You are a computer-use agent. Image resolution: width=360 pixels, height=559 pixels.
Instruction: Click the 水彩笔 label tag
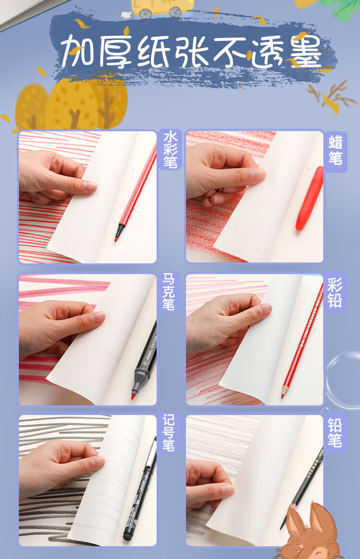pyautogui.click(x=170, y=149)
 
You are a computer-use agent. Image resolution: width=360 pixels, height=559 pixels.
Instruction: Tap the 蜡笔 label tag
pyautogui.click(x=336, y=151)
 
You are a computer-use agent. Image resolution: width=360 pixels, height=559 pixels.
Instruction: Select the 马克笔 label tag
pyautogui.click(x=168, y=292)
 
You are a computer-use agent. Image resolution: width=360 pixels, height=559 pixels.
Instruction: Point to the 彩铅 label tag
pyautogui.click(x=336, y=292)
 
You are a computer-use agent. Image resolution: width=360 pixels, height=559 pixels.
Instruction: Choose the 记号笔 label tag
pyautogui.click(x=168, y=433)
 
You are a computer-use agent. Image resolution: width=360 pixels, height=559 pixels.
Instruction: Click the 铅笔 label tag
pyautogui.click(x=336, y=433)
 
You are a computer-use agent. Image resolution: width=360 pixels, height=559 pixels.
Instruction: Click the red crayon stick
pyautogui.click(x=310, y=198)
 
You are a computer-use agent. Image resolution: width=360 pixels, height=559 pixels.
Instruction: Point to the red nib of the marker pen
pyautogui.click(x=133, y=396)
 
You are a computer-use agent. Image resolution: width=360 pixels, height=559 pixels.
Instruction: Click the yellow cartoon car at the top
pyautogui.click(x=162, y=8)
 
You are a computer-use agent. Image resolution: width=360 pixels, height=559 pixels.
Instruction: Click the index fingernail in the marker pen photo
pyautogui.click(x=98, y=316)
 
